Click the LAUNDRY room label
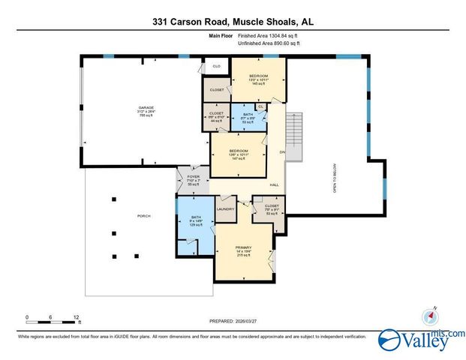pos(226,209)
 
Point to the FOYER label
pos(184,178)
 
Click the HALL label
pos(275,184)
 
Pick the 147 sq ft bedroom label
pos(239,156)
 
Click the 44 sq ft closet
pos(216,117)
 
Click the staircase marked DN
pos(293,139)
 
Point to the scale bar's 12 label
pos(75,317)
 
